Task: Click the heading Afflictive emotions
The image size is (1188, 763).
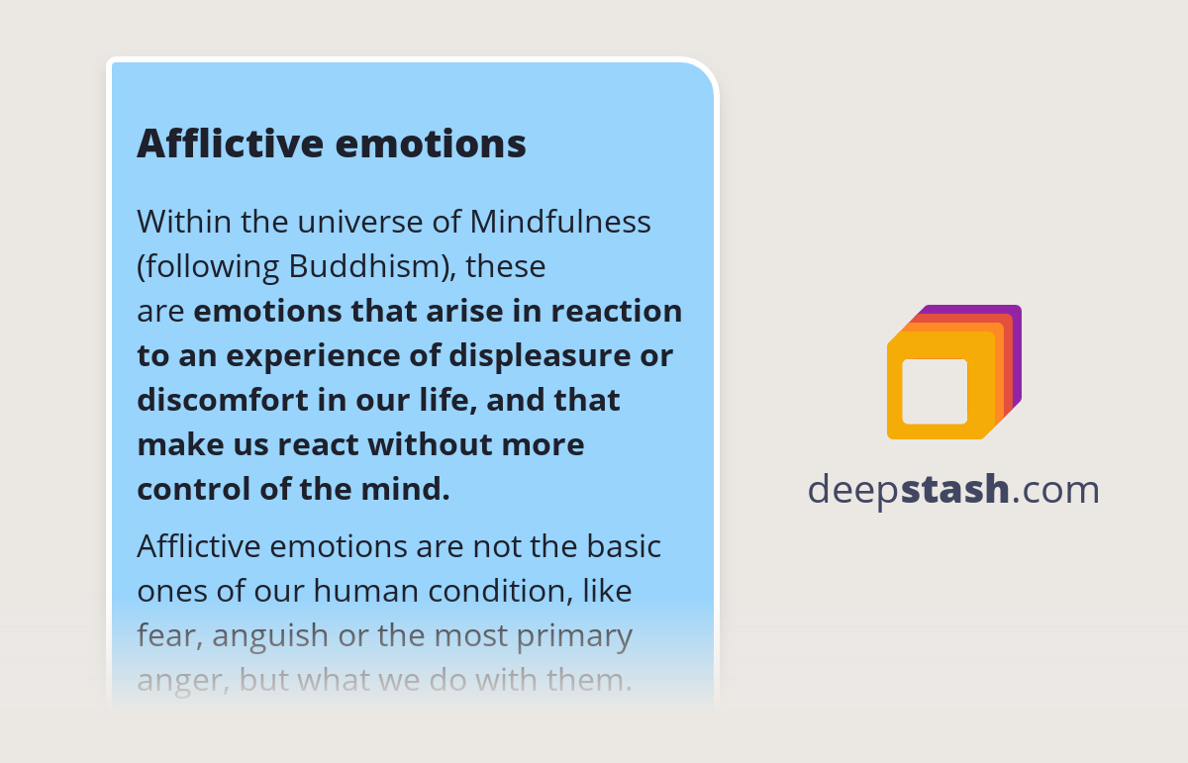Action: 331,143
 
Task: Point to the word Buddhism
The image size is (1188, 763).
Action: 372,266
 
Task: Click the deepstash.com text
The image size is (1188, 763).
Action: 953,489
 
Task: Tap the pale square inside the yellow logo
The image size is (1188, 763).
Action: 935,391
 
